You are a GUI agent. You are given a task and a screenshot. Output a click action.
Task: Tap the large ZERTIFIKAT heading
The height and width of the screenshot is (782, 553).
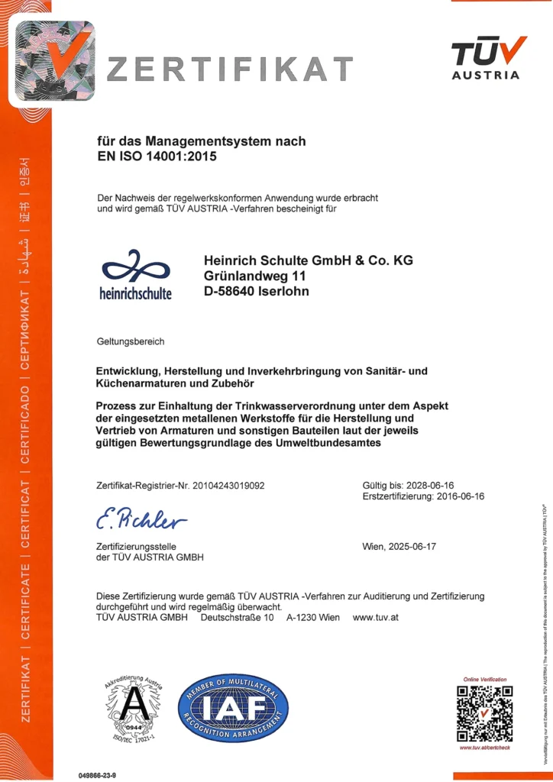[x=229, y=69]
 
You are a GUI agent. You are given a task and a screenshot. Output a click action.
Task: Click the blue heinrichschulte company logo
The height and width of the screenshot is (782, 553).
[x=136, y=274]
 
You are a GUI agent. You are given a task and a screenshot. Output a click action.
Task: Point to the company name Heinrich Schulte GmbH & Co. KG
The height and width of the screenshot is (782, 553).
[x=309, y=260]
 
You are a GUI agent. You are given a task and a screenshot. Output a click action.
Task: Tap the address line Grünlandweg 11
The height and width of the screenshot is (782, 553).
[x=254, y=276]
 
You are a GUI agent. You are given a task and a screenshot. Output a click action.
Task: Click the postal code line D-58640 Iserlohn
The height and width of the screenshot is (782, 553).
[x=257, y=291]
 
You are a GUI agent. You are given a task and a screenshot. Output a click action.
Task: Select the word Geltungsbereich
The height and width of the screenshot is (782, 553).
[x=131, y=341]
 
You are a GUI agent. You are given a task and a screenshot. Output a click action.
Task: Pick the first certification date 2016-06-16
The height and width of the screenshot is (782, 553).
[x=456, y=496]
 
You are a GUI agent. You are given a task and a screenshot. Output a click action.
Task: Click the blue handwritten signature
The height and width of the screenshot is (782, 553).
[x=142, y=521]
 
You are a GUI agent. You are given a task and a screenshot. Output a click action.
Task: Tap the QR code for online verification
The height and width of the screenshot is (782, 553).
[x=484, y=713]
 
